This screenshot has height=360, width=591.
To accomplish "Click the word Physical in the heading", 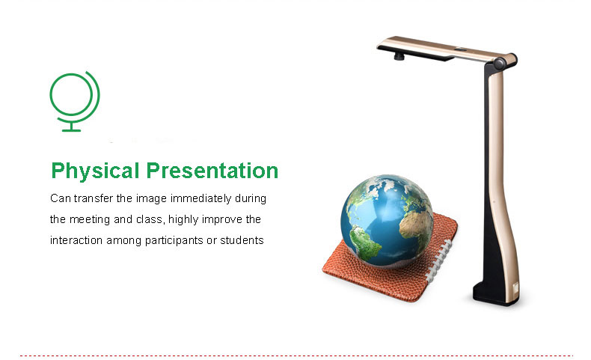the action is coord(95,171).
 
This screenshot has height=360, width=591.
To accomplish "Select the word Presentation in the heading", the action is coord(212,171).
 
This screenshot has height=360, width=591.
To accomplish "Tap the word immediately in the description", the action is coord(201,198).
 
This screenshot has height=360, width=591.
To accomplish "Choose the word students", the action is coord(242,240).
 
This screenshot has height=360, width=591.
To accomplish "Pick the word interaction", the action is coord(76,240).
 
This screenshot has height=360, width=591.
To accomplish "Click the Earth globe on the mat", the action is coord(387,221).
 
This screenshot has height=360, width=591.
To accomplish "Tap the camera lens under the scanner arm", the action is coord(399,57).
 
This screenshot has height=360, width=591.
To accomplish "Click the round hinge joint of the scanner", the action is coord(500,63).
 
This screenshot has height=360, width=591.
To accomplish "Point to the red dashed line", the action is coord(296,355).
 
